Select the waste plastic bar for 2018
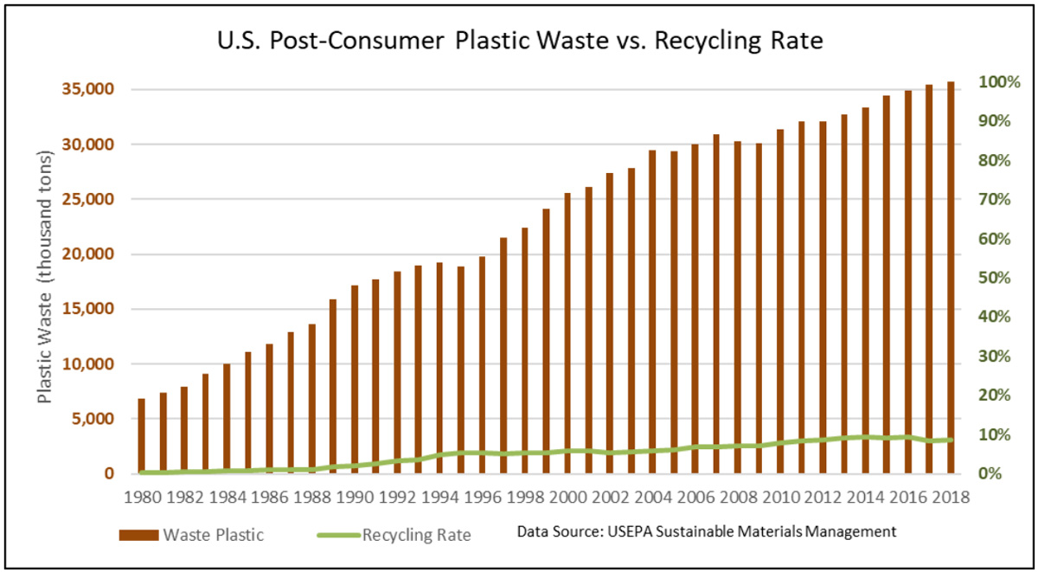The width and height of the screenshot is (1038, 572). coord(950,277)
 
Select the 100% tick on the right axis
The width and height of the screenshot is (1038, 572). coord(999,82)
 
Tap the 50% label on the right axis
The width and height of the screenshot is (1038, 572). coord(996,278)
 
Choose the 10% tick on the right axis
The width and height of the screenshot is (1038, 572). coord(996,434)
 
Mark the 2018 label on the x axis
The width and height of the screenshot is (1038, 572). coord(949,498)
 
